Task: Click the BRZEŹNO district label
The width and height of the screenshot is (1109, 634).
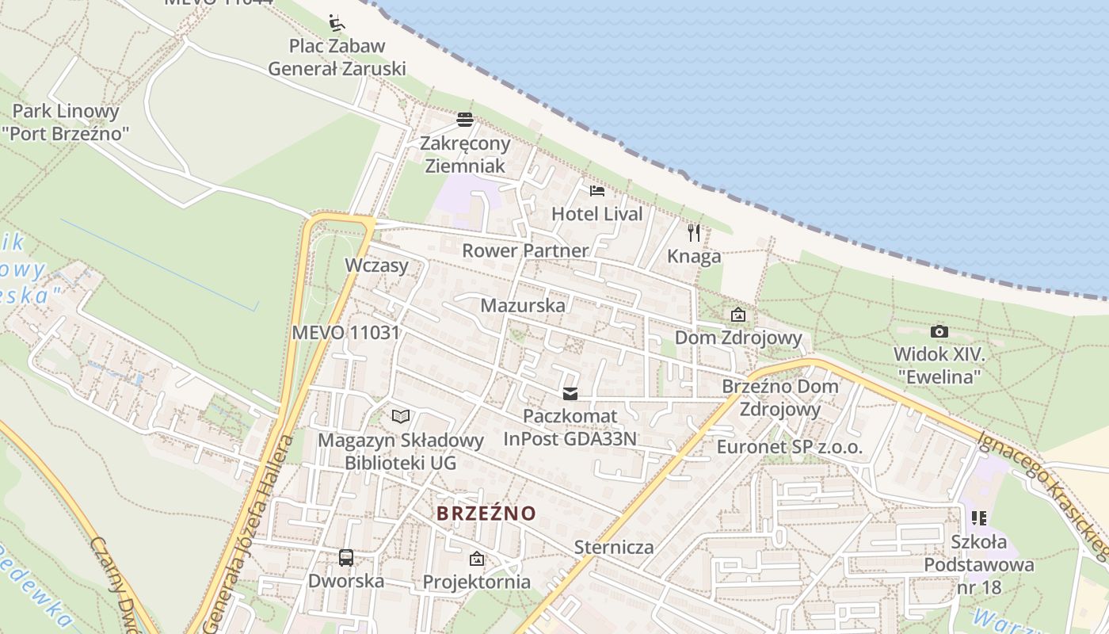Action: click(x=486, y=514)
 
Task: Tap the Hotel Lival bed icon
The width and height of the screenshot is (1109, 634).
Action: click(x=597, y=190)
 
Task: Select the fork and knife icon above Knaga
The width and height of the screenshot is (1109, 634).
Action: click(x=694, y=232)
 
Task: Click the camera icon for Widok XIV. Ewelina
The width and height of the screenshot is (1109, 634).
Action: click(x=939, y=331)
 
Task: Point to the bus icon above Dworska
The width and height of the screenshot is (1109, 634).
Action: click(x=346, y=557)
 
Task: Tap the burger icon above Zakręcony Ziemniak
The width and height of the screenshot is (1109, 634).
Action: click(x=465, y=120)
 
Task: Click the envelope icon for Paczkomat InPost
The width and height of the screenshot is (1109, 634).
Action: click(x=570, y=393)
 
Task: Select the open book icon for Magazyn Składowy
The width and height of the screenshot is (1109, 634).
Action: click(x=401, y=416)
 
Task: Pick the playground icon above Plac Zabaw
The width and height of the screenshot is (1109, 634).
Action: click(x=337, y=21)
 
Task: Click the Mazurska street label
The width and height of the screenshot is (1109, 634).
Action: click(x=523, y=305)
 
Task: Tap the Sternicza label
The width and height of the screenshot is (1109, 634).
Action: click(x=614, y=547)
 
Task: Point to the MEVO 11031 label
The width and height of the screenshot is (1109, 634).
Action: click(x=346, y=332)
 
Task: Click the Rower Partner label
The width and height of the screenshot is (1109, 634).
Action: click(x=525, y=250)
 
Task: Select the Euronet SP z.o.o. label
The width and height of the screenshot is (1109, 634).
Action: click(x=789, y=447)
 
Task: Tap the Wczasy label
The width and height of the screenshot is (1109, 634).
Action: click(x=376, y=265)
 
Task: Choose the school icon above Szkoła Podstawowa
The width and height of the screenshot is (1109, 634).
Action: click(x=979, y=518)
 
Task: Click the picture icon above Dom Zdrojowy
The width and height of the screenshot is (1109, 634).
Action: click(x=738, y=315)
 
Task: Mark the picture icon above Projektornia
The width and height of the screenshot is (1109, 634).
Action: click(x=476, y=559)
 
